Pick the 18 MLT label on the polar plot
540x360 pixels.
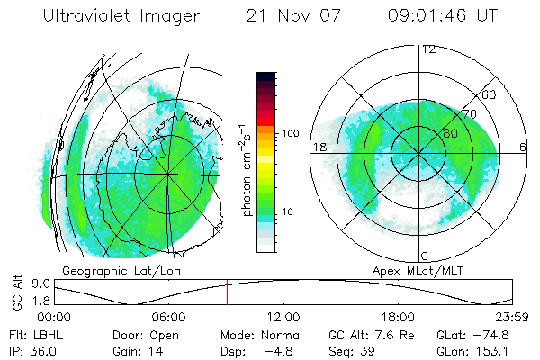click(319, 147)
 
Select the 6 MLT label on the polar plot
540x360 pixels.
click(523, 147)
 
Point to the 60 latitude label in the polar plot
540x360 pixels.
click(490, 94)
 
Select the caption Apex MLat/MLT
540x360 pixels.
click(415, 270)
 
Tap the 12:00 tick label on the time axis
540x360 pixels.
click(283, 317)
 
